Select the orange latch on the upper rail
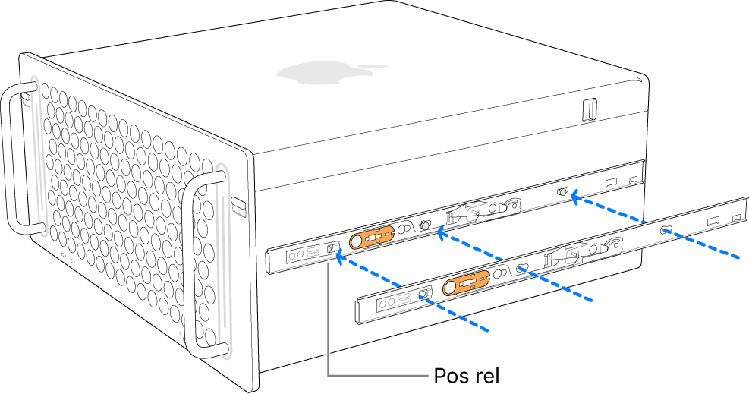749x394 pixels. point(371,238)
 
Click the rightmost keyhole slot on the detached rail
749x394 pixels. point(665,229)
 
